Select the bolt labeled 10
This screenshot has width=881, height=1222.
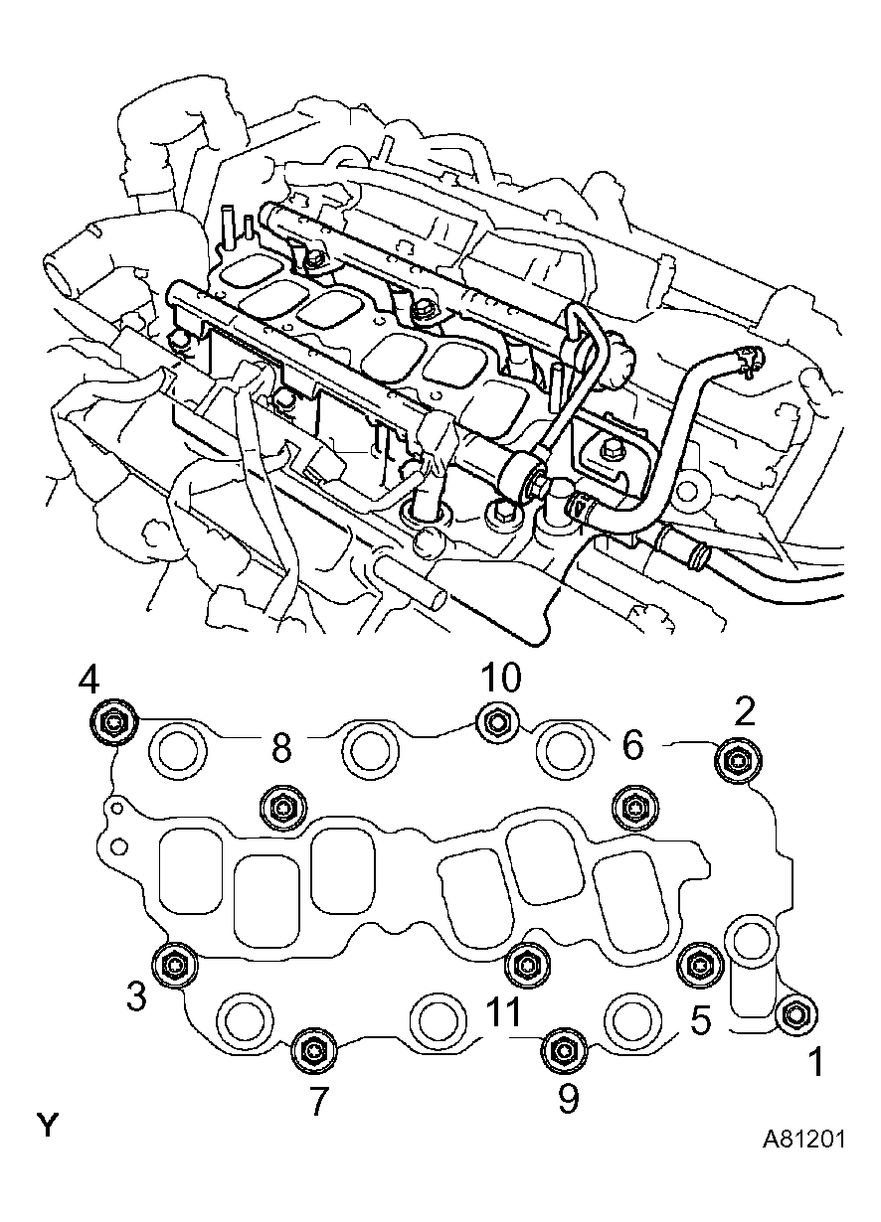pos(495,721)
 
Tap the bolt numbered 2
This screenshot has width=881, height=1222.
pos(737,761)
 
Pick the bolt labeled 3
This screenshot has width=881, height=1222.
pos(175,964)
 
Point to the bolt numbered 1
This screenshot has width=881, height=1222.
pos(796,1014)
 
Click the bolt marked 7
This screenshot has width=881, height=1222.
pos(312,1051)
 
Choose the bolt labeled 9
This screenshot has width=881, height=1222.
pos(563,1051)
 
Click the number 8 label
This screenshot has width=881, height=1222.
pos(281,748)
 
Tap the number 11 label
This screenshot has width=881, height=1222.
pos(504,1014)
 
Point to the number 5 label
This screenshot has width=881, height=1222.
pos(701,1021)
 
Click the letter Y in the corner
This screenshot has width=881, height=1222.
pos(48,1126)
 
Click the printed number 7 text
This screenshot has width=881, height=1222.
pos(318,1102)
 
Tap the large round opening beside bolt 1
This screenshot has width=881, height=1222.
pos(752,939)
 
